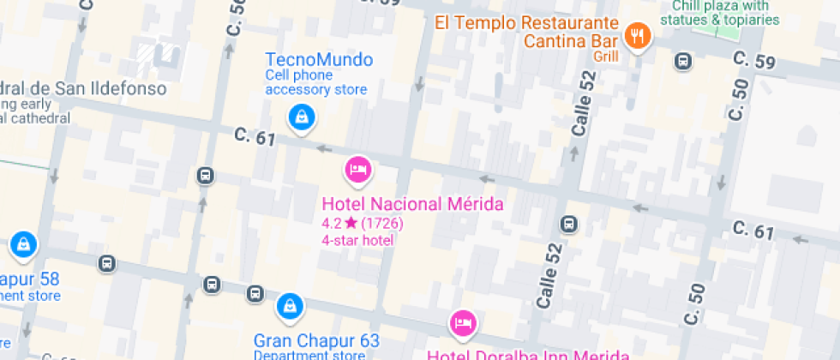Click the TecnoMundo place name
[319, 60]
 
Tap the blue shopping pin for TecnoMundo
[301, 117]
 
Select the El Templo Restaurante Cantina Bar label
[526, 31]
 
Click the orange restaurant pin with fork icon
[638, 35]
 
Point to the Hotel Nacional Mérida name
[412, 205]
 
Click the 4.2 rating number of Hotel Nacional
[330, 224]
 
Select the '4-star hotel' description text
[357, 241]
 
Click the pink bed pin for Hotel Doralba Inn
[463, 322]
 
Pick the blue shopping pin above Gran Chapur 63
[290, 306]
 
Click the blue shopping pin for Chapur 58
[22, 244]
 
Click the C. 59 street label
[754, 60]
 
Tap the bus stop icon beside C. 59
[683, 61]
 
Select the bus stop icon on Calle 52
[567, 225]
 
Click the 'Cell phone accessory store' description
[316, 82]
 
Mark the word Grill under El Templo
[604, 57]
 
